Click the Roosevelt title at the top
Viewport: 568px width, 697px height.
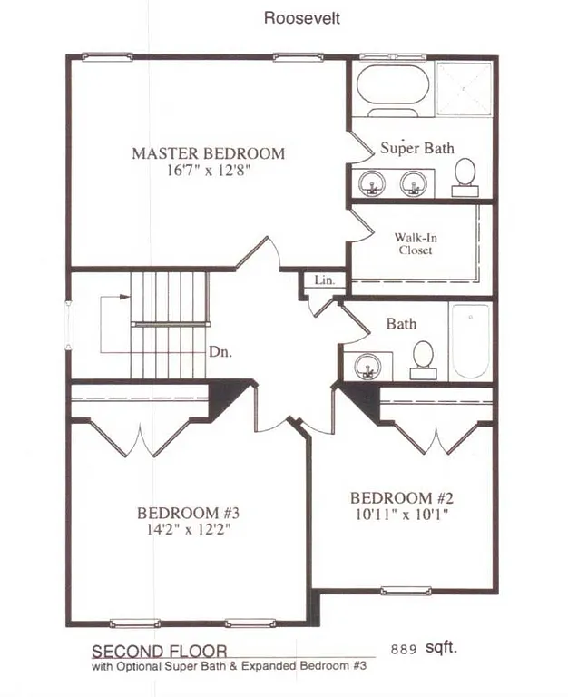pos(302,17)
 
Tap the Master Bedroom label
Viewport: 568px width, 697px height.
pos(208,153)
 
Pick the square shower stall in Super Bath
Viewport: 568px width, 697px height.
pos(463,87)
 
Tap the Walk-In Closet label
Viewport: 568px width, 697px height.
pos(414,243)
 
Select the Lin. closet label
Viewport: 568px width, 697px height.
pos(324,281)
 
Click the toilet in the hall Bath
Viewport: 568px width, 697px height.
pos(423,358)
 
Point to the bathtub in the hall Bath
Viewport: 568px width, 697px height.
pos(470,341)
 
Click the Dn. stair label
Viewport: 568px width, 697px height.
pos(220,354)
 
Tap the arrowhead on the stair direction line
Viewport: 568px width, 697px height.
pos(123,297)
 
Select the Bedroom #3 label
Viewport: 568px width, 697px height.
pos(188,513)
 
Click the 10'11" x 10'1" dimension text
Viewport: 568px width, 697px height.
pos(400,514)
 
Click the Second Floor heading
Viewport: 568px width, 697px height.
pos(159,651)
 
